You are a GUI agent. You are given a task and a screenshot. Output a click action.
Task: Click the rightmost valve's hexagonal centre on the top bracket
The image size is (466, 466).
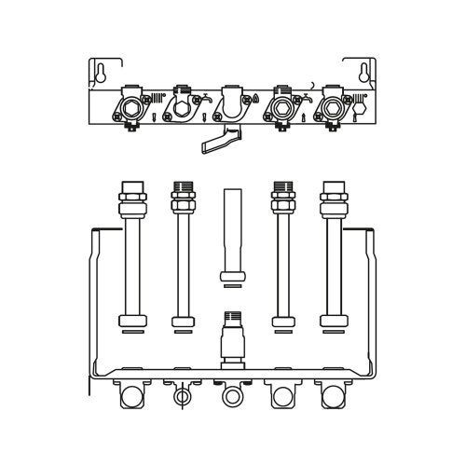coord(330,108)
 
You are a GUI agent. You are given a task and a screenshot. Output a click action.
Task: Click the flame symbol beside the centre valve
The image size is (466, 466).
coord(256,99)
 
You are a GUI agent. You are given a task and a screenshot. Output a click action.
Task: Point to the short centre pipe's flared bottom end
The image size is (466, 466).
coord(231,275)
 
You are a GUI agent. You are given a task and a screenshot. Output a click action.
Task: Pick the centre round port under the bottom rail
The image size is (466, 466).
coord(231,398)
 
